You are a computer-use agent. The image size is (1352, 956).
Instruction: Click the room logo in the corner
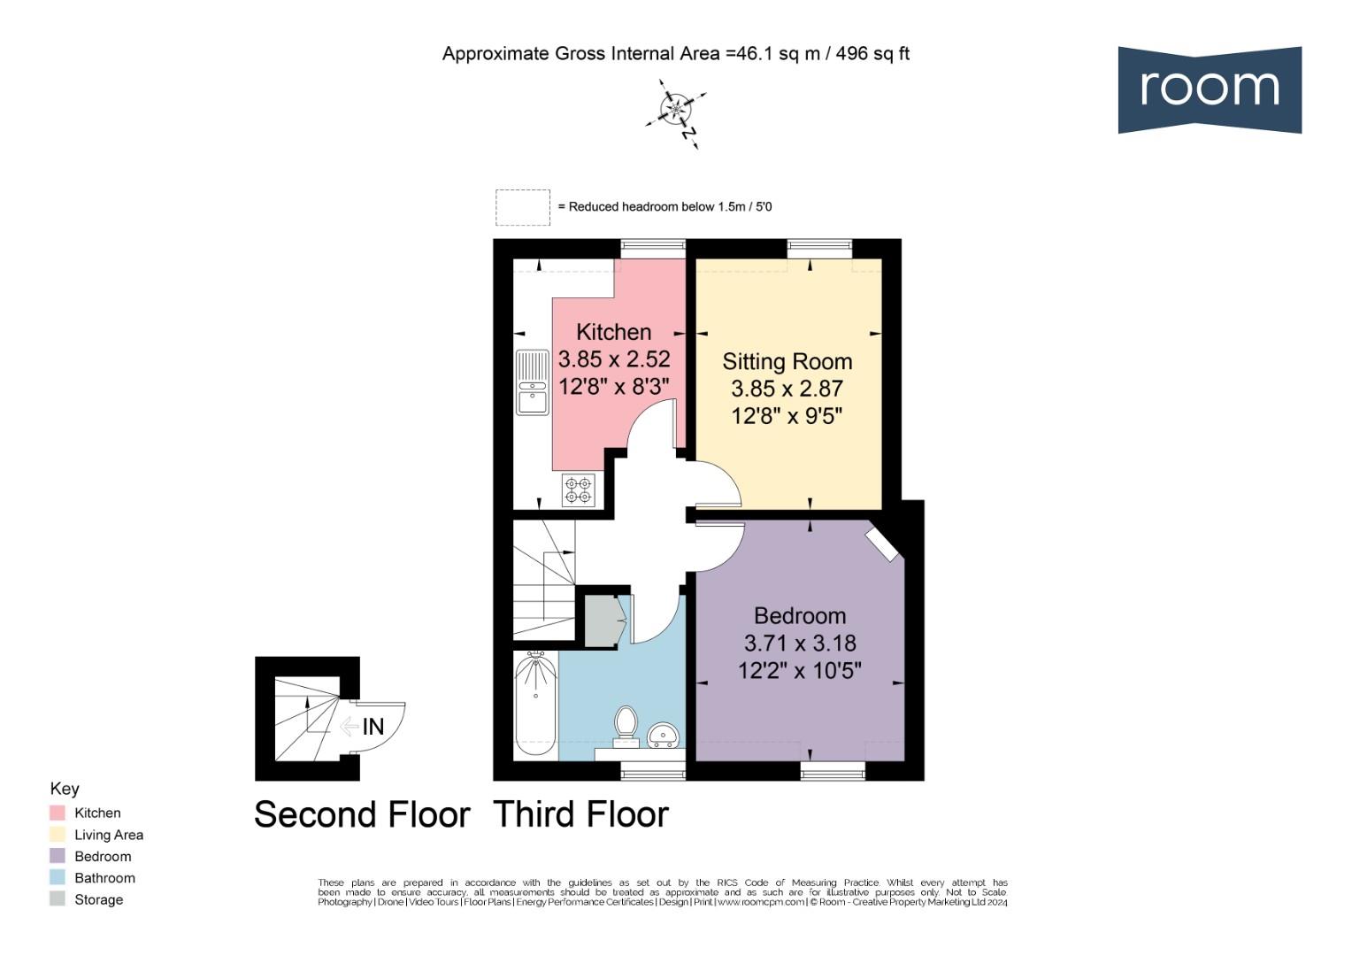(x=1209, y=89)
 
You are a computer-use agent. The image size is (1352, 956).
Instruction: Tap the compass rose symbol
(x=676, y=110)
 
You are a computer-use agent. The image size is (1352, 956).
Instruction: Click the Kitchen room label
(x=613, y=332)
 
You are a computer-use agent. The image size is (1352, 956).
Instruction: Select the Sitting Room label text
(x=787, y=361)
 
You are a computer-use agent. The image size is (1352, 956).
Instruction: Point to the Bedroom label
(x=800, y=616)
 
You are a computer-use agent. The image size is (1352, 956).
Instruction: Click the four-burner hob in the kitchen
(x=579, y=490)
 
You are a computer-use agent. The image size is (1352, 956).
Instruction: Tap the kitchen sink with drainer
(x=533, y=383)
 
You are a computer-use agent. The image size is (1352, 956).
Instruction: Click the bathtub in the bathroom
(x=535, y=705)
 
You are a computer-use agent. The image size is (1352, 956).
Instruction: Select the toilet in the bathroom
(x=626, y=721)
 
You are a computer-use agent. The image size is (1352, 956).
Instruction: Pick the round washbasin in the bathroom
(x=663, y=735)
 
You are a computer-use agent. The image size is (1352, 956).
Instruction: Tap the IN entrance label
(x=373, y=727)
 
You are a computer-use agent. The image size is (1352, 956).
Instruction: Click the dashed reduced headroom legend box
(x=522, y=207)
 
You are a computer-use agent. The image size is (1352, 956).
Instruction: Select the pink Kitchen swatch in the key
(x=58, y=813)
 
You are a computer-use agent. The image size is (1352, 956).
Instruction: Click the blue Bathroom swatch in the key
(x=58, y=878)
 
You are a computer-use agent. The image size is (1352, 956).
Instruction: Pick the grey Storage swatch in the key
(x=58, y=899)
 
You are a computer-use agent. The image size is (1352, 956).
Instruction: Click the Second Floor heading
(x=362, y=814)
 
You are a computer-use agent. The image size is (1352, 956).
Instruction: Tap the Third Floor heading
(x=580, y=814)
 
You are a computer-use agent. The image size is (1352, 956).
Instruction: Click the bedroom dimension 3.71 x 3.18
(x=800, y=644)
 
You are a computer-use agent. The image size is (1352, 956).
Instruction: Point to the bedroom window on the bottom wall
(x=833, y=771)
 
